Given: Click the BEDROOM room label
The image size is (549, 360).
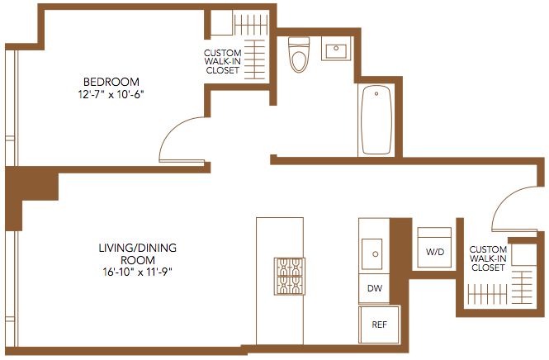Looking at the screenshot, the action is (111, 82).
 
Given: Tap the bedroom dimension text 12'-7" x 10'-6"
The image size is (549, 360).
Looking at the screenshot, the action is (111, 95).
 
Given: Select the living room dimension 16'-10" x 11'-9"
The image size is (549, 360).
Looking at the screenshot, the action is (138, 272).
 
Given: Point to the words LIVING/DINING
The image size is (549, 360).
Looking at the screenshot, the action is (138, 248).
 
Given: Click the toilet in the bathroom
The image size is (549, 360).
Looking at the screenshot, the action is (299, 54).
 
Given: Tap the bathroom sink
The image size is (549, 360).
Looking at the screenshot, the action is (336, 49).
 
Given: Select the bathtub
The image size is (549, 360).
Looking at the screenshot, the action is (376, 120).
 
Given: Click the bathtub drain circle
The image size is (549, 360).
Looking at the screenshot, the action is (376, 94).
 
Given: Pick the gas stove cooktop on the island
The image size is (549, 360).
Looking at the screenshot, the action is (290, 277).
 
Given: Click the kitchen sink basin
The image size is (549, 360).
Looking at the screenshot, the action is (372, 253).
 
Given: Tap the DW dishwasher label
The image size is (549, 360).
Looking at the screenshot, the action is (375, 288).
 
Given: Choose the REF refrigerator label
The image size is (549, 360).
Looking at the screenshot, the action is (380, 324).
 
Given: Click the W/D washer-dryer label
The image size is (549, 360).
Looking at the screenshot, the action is (435, 252).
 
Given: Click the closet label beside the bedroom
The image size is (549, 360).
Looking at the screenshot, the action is (223, 62).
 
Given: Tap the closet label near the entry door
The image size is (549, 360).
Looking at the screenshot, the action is (488, 258).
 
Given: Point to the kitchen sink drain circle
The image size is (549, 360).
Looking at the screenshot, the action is (376, 253).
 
